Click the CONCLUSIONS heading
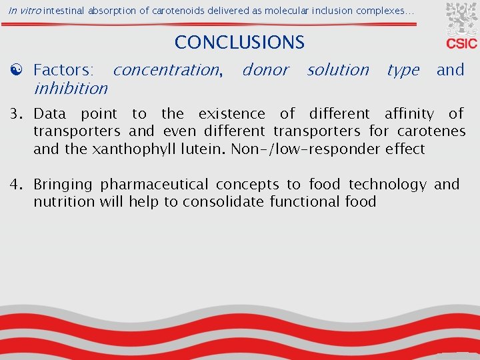tap(239, 43)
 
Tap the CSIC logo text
tap(461, 43)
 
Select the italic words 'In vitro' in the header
tap(23, 10)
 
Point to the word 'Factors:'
tap(63, 69)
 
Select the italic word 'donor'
tap(265, 69)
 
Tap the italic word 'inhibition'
tap(70, 88)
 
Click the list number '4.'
tap(22, 185)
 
